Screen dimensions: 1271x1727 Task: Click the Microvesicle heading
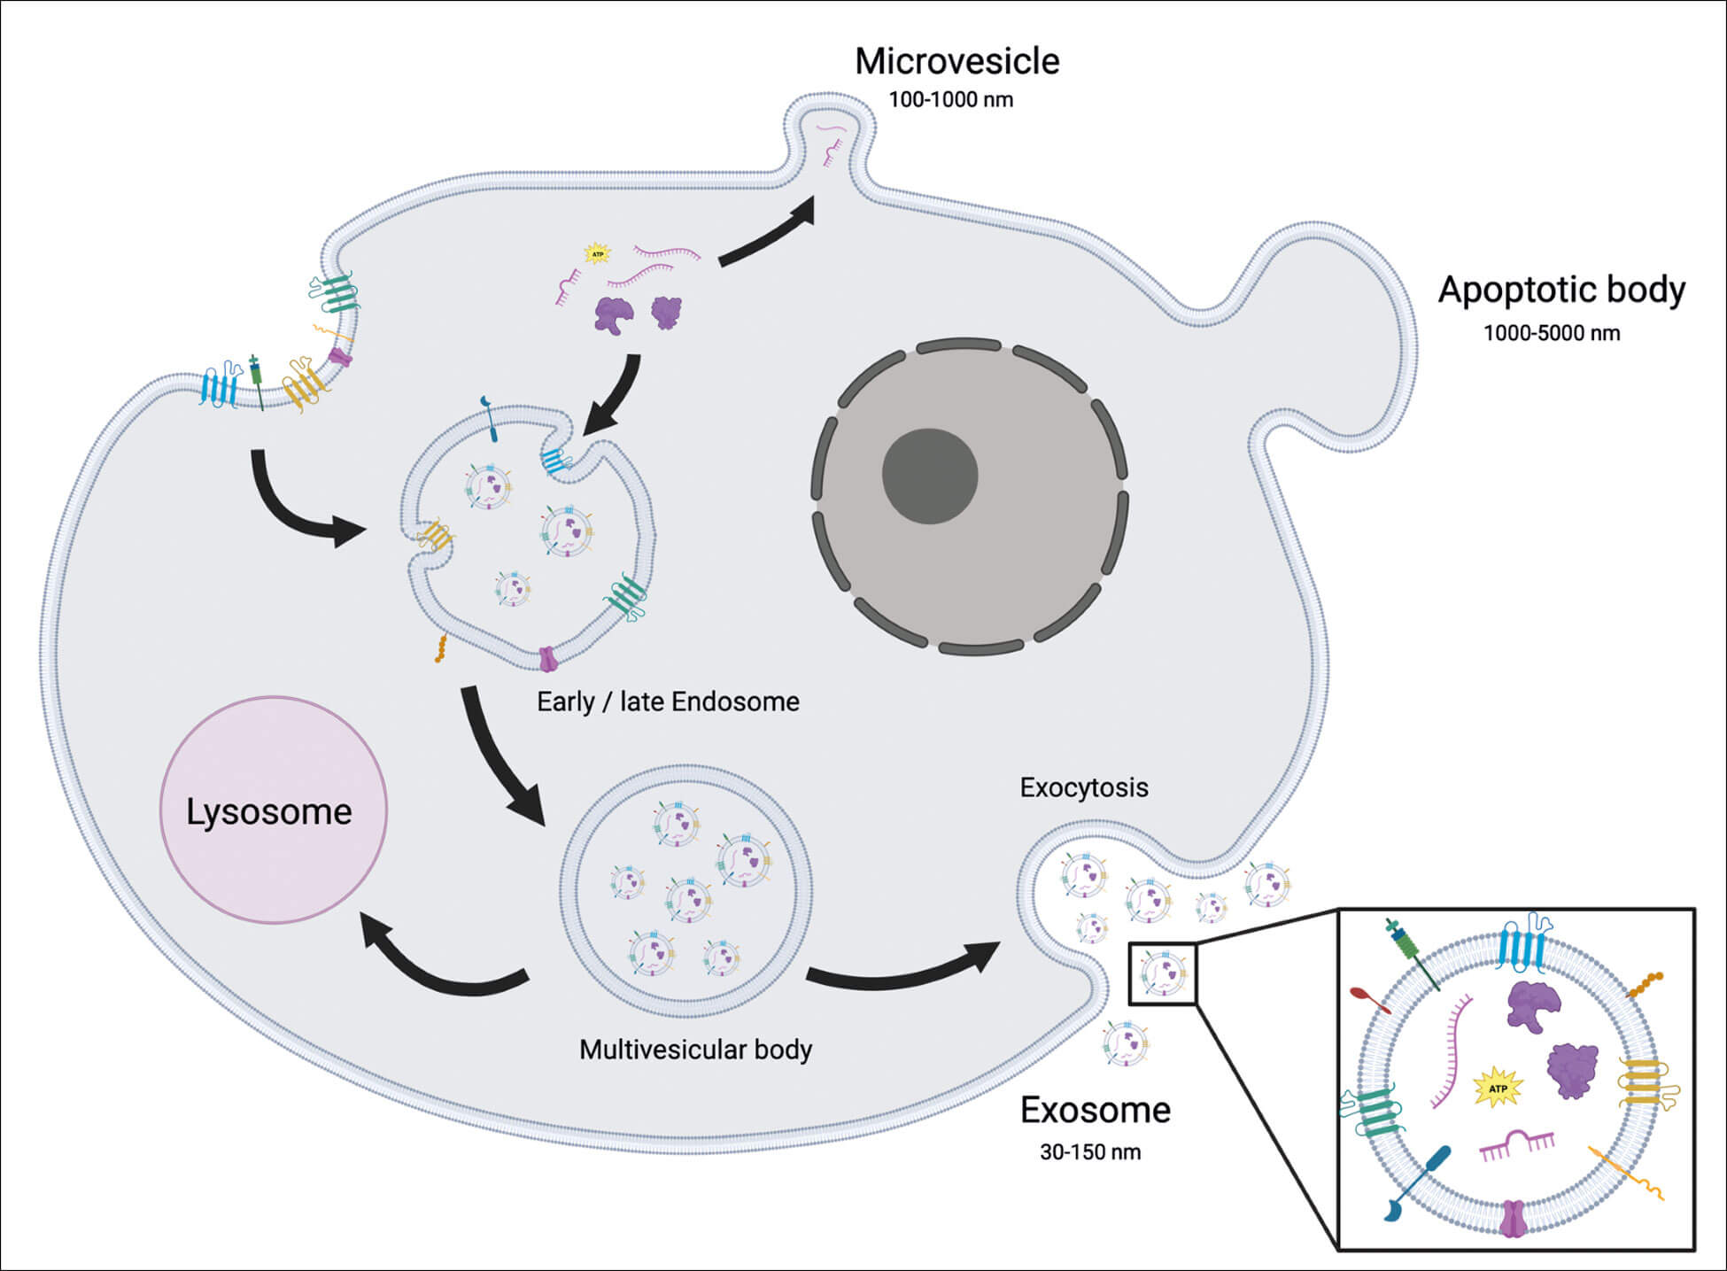tap(956, 62)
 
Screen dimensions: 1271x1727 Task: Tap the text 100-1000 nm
tap(950, 100)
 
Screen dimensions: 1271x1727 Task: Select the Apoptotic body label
tap(1561, 291)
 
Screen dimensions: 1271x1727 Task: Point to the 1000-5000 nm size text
tap(1552, 334)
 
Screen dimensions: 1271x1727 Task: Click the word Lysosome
tap(268, 812)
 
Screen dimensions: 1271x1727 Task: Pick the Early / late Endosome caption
tap(668, 702)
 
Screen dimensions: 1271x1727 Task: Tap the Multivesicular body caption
tap(695, 1050)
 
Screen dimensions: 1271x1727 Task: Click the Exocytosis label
tap(1083, 787)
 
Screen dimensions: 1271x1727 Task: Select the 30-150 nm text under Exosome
tap(1090, 1152)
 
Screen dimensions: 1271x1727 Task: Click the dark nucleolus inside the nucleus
tap(929, 477)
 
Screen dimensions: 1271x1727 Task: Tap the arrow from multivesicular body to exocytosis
tap(903, 970)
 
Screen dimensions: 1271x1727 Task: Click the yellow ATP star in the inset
tap(1498, 1088)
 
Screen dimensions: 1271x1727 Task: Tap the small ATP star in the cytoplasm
tap(598, 254)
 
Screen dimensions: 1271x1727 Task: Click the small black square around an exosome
tap(1162, 974)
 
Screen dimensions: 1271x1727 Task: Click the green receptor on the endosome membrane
tap(626, 595)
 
